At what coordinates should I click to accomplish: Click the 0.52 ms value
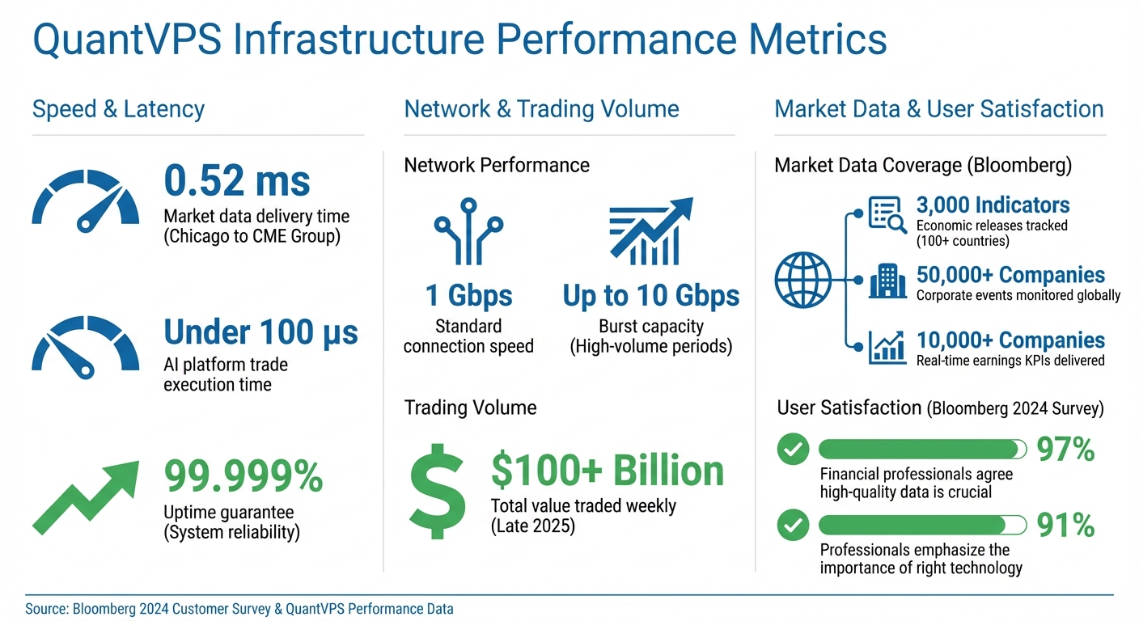tap(236, 180)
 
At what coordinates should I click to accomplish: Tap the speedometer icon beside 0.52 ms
tap(85, 199)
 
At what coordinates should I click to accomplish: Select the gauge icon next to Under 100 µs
tap(85, 344)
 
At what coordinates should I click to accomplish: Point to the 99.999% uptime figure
tap(243, 476)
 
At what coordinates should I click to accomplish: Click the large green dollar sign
tap(437, 491)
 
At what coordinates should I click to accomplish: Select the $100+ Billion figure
tap(607, 471)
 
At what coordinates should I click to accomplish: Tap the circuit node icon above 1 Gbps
tap(468, 230)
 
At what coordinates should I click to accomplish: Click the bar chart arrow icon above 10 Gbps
tap(650, 231)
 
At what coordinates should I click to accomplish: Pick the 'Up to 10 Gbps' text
tap(650, 296)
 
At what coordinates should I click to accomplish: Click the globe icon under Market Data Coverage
tap(802, 281)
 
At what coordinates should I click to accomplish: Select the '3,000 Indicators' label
tap(993, 205)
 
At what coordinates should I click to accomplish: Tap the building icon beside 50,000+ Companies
tap(887, 283)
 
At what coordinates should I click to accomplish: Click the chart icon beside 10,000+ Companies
tap(887, 347)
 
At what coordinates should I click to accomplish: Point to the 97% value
tap(1065, 450)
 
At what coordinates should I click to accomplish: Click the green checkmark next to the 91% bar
tap(793, 526)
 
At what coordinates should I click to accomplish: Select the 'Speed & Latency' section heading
tap(118, 109)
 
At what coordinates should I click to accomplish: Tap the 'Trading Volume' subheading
tap(470, 407)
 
